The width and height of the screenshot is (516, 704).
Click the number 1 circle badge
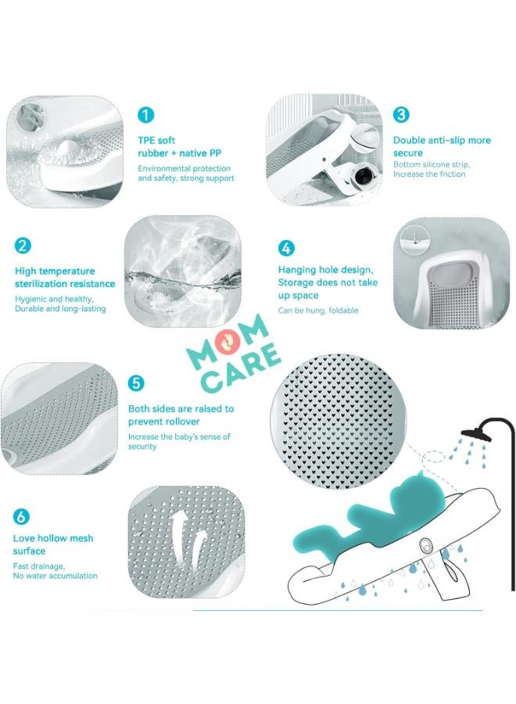145,115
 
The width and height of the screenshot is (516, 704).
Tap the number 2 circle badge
23,245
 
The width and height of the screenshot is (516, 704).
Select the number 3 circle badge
400,115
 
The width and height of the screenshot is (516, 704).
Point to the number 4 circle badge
286,248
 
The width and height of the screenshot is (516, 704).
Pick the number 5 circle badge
136,383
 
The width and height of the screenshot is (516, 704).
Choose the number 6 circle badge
21,516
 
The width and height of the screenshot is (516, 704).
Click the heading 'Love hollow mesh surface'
53,544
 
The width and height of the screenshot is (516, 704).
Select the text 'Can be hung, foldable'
318,311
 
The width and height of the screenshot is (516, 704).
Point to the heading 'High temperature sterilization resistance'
65,278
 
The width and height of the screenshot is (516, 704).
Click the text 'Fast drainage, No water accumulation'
55,570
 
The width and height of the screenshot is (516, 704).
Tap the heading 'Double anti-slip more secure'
442,146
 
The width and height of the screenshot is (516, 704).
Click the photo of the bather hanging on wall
450,271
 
